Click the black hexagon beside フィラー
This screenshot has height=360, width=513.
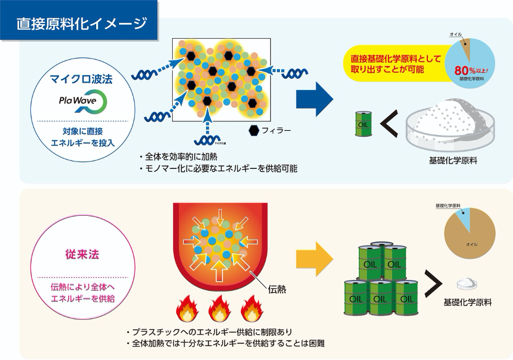click(253, 130)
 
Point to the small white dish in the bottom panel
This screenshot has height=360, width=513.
click(467, 283)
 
